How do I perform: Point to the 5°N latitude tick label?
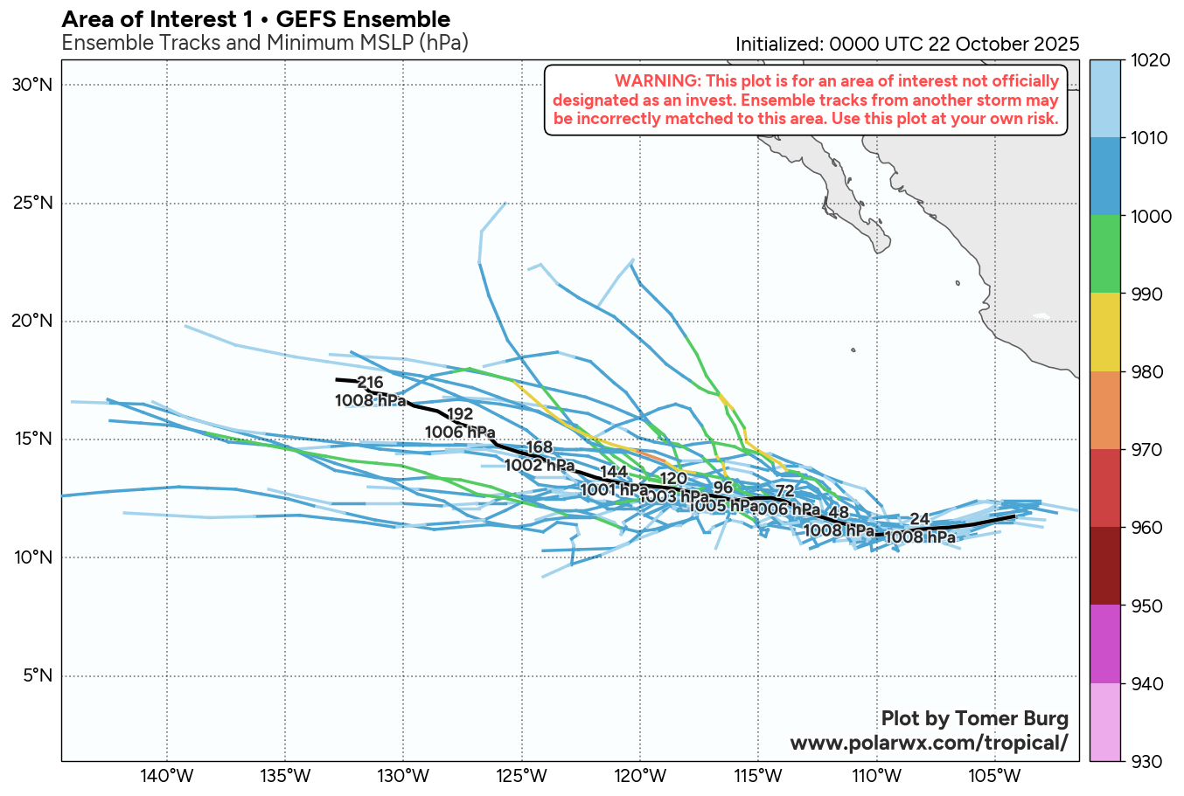36,675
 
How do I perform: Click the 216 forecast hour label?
371,383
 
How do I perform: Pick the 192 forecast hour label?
460,414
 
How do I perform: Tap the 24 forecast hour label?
919,520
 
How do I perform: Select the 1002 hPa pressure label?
540,466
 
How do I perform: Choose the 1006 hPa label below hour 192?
460,432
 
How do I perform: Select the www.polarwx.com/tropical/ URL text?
929,743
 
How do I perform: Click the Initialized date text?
907,44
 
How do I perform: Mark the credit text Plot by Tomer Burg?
974,718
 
